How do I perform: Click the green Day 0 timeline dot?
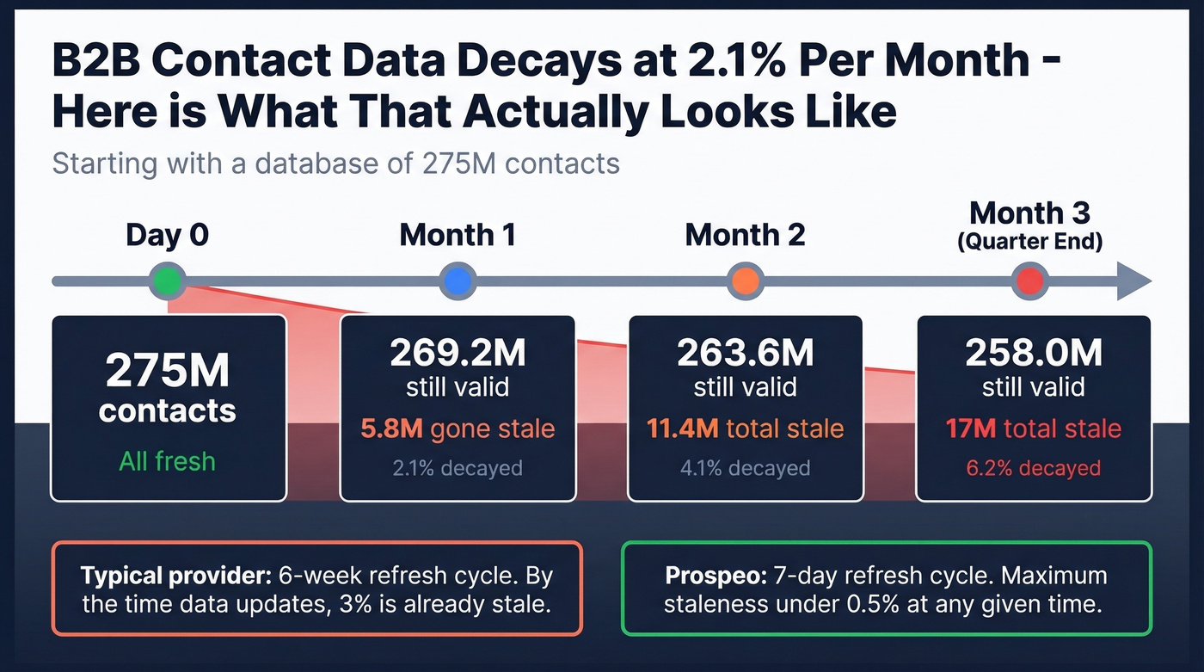[x=168, y=281]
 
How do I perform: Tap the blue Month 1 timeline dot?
[x=457, y=281]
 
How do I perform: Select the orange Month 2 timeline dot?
[x=745, y=281]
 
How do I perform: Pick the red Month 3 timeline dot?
[x=1030, y=281]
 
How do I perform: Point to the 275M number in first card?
[x=168, y=371]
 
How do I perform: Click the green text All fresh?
[x=168, y=461]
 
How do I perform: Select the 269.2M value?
[x=457, y=353]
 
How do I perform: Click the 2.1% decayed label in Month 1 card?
[x=457, y=468]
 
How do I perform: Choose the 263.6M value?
[x=745, y=353]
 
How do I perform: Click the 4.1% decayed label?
[x=745, y=468]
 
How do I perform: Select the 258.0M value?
[x=1033, y=353]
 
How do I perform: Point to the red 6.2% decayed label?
[x=1033, y=468]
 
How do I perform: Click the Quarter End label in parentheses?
[x=1029, y=242]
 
